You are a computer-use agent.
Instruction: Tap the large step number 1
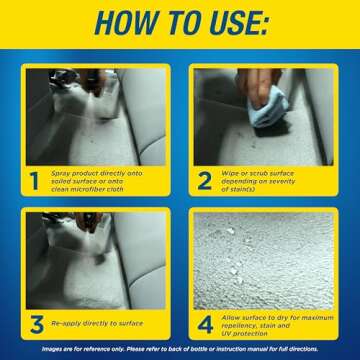(35, 181)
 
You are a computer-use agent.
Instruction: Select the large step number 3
(35, 322)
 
